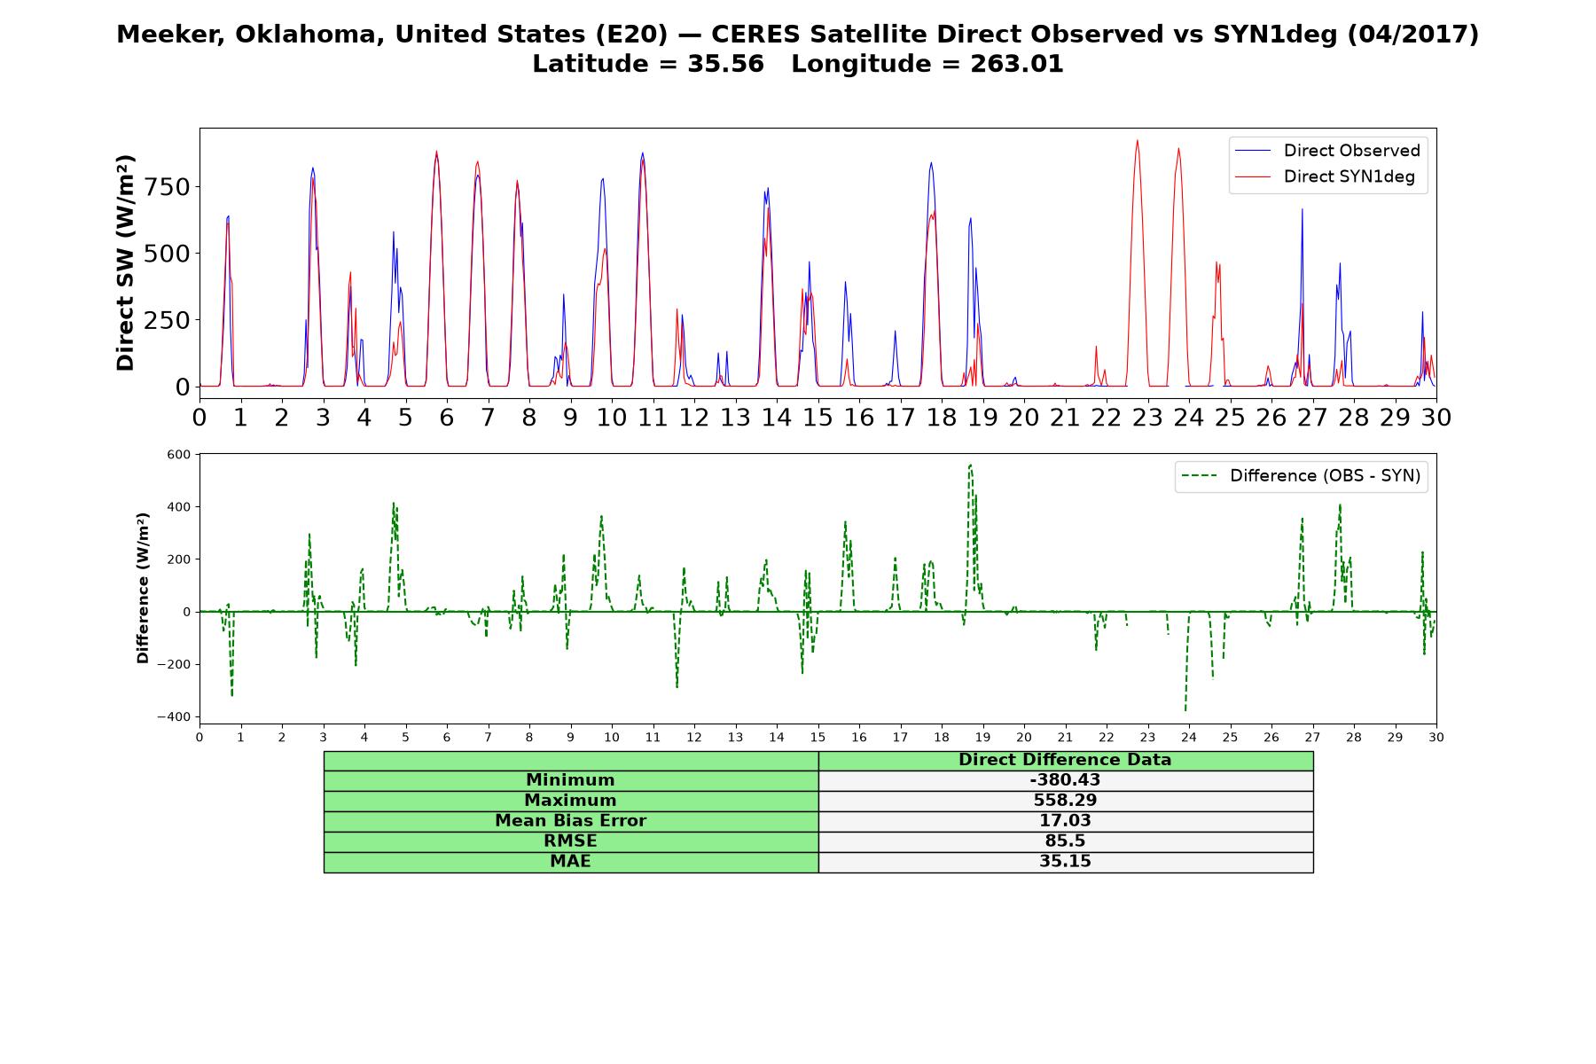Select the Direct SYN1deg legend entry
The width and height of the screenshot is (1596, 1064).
tap(1326, 176)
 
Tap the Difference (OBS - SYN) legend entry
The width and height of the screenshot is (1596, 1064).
tap(1302, 476)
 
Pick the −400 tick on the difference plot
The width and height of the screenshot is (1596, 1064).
tap(174, 716)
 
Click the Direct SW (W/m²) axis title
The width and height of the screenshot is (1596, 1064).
tap(125, 262)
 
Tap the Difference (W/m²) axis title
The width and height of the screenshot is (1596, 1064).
tap(143, 588)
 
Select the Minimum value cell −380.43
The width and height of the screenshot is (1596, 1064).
tap(1065, 780)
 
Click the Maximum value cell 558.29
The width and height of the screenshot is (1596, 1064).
tap(1065, 801)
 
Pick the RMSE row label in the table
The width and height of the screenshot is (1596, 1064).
tap(570, 841)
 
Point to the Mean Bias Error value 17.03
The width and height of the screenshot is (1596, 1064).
tap(1065, 821)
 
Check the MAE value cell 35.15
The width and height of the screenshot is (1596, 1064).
tap(1065, 862)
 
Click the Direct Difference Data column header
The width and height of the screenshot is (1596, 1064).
tap(1065, 760)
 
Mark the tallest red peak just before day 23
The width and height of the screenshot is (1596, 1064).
tap(1137, 140)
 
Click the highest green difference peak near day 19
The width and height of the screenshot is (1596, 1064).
tap(970, 465)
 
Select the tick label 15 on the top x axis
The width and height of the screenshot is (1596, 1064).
tap(818, 417)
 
